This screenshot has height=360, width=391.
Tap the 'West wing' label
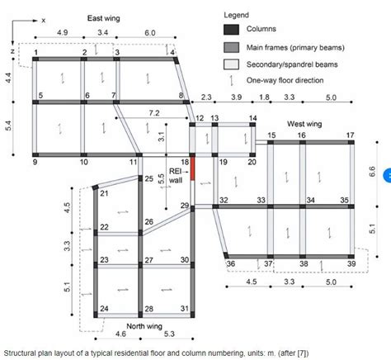(x=304, y=124)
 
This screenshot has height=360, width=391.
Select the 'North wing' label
(x=122, y=324)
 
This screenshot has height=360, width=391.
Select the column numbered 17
(x=351, y=142)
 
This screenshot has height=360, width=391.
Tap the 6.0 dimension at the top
(x=148, y=32)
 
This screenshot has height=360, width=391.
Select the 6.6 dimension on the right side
(x=373, y=172)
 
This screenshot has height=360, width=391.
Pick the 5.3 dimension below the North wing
(x=167, y=334)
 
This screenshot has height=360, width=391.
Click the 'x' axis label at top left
(x=44, y=17)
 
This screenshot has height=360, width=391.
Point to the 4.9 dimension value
(x=62, y=32)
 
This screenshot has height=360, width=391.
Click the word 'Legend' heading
(x=237, y=15)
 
